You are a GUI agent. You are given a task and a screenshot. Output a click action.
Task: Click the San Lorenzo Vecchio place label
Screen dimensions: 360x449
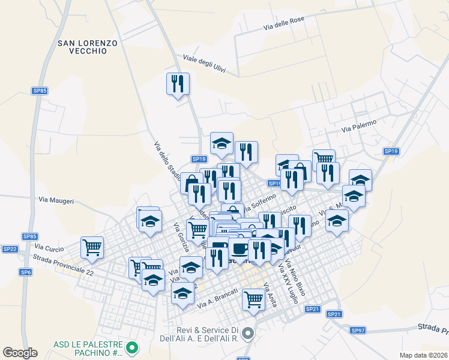[x=87, y=47]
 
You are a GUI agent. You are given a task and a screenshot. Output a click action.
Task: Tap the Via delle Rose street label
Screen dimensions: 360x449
[x=284, y=23]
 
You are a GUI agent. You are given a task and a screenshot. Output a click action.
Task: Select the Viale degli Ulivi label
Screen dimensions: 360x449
[x=203, y=64]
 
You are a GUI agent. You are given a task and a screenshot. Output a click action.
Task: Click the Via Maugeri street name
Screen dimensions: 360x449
[x=56, y=200]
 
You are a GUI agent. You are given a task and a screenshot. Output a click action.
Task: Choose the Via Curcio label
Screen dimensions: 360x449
[x=49, y=247]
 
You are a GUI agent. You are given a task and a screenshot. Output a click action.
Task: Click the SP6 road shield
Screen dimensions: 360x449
[x=25, y=272]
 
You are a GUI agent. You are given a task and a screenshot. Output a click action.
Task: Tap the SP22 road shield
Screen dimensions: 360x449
[x=10, y=249]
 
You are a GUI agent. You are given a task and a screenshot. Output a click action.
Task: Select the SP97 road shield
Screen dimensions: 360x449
[x=358, y=331]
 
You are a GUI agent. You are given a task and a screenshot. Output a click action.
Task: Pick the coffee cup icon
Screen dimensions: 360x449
[x=240, y=248]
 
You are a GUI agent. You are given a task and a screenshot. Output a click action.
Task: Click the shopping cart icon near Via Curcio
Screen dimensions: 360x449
[x=92, y=246]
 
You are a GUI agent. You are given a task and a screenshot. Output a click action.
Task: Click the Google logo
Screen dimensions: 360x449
[x=20, y=353]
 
